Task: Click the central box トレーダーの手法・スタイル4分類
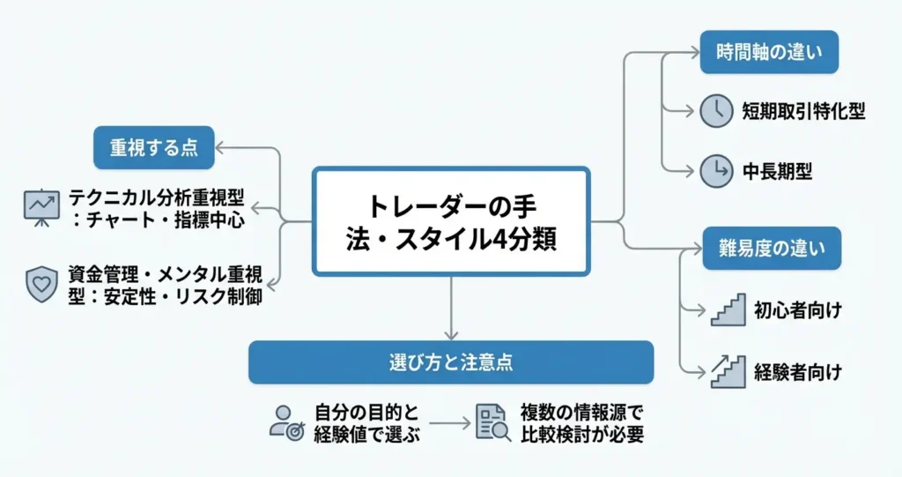click(451, 221)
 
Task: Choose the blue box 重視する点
click(153, 148)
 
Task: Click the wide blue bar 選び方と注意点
click(451, 362)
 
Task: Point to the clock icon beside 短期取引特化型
click(716, 111)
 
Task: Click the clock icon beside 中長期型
click(716, 171)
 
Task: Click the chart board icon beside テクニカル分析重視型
click(41, 207)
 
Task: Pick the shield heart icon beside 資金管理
click(41, 285)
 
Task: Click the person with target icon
click(285, 421)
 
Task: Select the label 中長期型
click(777, 171)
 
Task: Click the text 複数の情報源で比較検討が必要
click(581, 421)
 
